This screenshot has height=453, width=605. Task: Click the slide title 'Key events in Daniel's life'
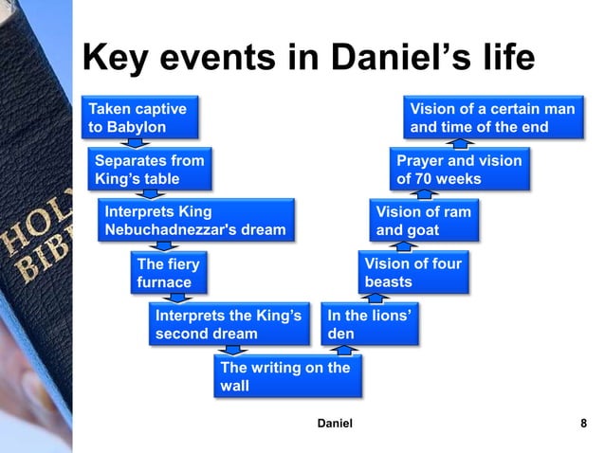point(309,59)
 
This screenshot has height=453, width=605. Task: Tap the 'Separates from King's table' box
point(147,169)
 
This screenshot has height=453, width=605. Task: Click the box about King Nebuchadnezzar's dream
point(195,220)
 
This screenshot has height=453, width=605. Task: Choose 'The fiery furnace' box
point(168,272)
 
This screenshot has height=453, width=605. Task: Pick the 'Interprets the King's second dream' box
point(229,324)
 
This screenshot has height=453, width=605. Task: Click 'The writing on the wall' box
point(284,376)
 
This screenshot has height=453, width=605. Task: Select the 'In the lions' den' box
point(371,324)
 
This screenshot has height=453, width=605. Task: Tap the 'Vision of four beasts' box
point(413,272)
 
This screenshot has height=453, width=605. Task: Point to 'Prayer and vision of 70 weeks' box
point(459,169)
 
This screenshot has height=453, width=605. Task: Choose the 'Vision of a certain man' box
point(491,118)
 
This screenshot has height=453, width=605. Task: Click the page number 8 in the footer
point(582,424)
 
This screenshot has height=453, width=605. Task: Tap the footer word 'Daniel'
point(333,424)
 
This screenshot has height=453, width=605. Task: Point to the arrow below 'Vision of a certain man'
point(461,143)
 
